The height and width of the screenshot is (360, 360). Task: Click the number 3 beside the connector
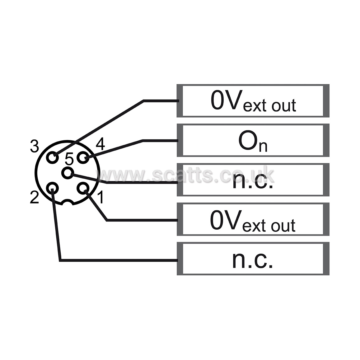click(x=35, y=146)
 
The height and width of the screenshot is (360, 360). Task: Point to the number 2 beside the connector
click(x=35, y=198)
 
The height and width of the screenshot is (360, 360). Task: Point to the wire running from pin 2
click(x=60, y=260)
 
